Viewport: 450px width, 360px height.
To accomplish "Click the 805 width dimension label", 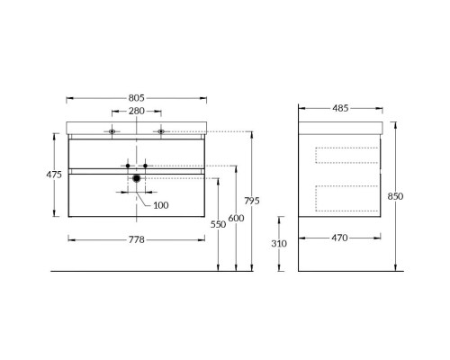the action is [137, 98].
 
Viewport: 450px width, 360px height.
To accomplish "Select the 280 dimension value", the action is [137, 111].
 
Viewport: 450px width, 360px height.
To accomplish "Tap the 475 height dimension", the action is [54, 175].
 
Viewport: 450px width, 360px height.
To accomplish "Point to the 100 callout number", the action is [161, 205].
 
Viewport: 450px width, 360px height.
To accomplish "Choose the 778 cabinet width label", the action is [137, 239].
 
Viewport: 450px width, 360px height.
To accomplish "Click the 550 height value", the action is [218, 224].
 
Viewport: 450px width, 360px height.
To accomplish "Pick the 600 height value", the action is [236, 218].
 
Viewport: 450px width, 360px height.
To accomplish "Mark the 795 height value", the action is [252, 201].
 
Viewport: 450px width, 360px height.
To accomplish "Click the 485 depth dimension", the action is [340, 108].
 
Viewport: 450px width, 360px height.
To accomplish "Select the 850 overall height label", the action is [395, 196].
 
